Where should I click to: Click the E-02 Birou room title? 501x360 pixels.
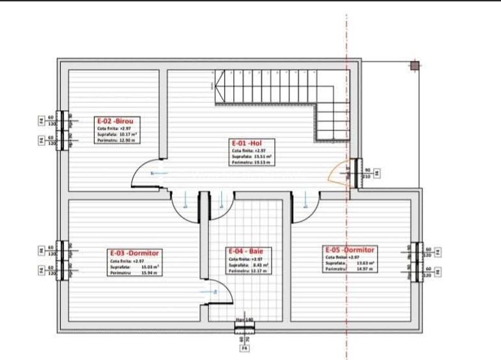tap(118, 120)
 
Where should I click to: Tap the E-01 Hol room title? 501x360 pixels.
tap(247, 143)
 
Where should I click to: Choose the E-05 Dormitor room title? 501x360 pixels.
tap(350, 249)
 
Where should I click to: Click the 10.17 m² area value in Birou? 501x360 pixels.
tap(130, 134)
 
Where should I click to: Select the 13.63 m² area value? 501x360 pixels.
tap(366, 263)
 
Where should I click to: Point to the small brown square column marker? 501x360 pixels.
tap(414, 65)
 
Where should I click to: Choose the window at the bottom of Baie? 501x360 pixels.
tap(244, 328)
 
